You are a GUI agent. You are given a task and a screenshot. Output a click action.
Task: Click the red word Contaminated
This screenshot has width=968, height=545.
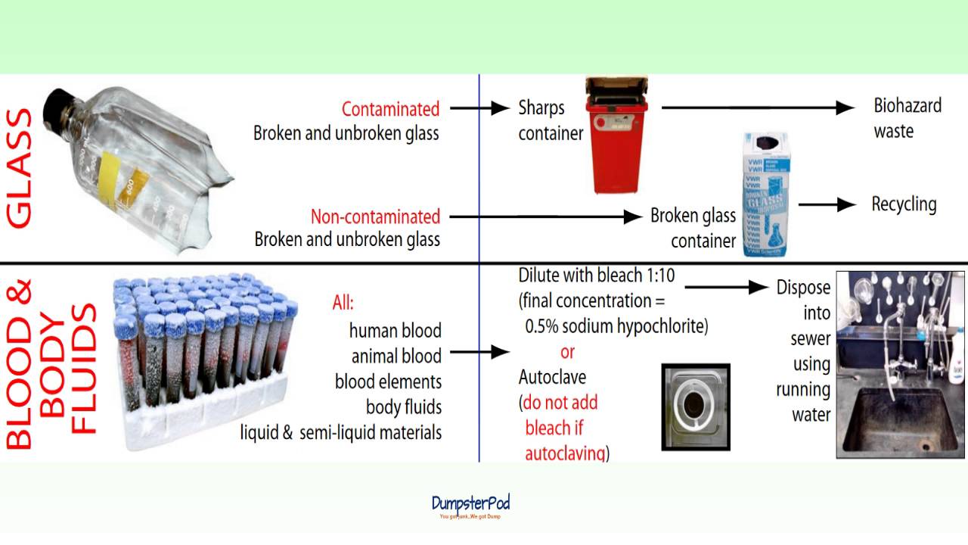click(390, 109)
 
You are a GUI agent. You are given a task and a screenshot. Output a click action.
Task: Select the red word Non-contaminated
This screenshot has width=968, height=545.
click(375, 216)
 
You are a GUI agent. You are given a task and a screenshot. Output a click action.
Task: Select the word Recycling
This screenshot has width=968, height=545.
click(904, 204)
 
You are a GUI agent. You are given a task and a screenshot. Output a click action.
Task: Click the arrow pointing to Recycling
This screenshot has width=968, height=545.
click(827, 204)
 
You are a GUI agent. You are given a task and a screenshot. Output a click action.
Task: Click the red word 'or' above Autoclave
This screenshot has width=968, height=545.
click(567, 352)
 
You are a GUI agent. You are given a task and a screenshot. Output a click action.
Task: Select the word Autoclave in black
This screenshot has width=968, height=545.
click(552, 376)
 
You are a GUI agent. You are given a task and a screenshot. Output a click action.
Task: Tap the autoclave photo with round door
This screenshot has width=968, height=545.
click(696, 407)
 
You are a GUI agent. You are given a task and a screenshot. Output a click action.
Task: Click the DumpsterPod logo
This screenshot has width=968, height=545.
click(470, 504)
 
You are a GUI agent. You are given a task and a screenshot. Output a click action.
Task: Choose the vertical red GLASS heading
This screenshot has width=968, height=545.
click(20, 168)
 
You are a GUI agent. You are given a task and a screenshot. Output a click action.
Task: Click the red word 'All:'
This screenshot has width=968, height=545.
click(343, 304)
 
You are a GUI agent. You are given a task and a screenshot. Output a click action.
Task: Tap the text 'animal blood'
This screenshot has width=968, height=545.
click(396, 356)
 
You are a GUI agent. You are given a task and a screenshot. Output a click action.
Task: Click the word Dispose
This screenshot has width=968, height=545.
click(803, 288)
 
